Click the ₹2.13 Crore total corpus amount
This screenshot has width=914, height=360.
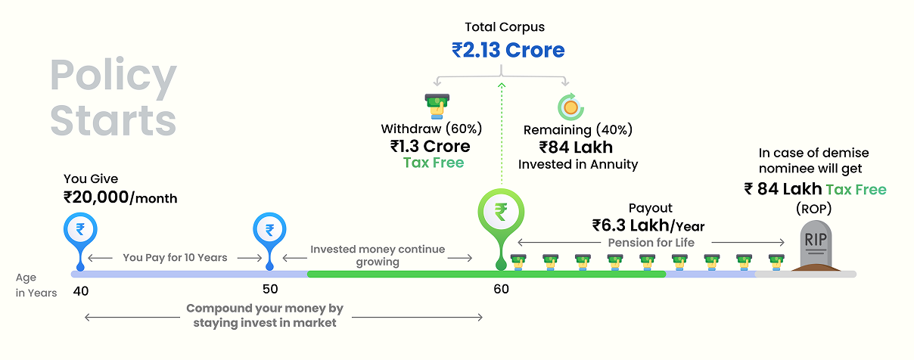508,51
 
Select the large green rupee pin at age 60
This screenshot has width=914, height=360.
500,213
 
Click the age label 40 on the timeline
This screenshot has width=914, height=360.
81,289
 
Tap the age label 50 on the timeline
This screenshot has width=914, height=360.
270,289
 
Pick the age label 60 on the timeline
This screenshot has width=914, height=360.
501,289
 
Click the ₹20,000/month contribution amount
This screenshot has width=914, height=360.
120,198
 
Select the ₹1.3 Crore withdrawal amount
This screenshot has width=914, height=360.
430,146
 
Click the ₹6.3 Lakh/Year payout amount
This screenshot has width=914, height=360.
648,225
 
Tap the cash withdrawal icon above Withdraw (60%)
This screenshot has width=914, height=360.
434,105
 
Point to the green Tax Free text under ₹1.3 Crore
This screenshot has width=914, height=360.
433,163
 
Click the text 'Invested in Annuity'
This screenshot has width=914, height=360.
577,164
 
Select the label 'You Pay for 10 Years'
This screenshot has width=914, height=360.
175,258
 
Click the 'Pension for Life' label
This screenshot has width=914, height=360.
651,243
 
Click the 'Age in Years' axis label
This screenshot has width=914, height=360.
36,285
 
